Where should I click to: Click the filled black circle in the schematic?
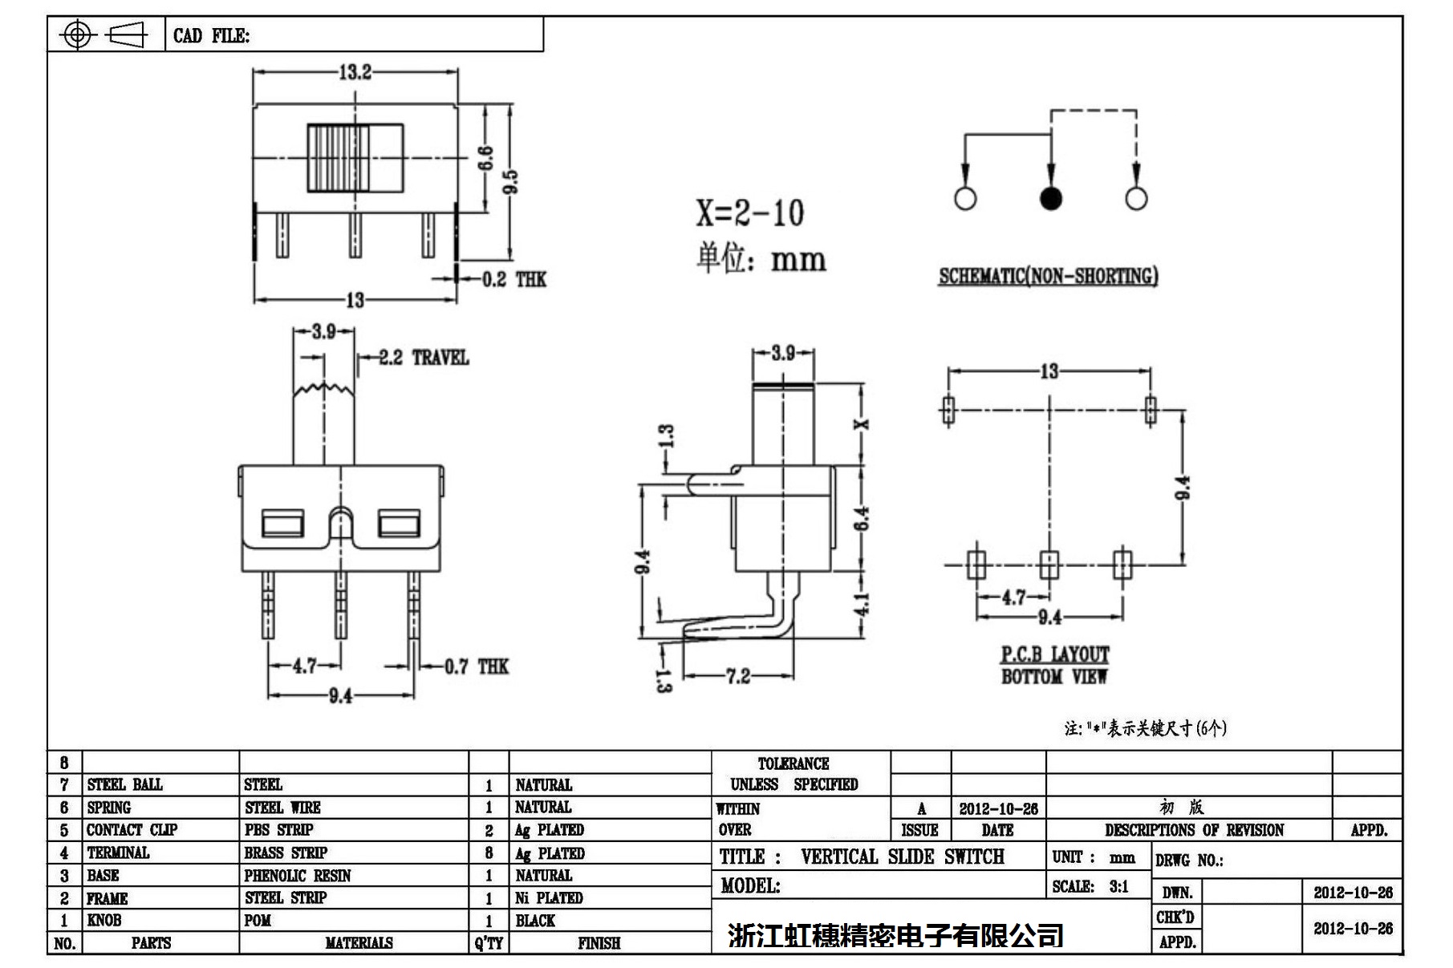1050,197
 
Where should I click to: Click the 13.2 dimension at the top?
355,72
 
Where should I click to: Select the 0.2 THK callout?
513,279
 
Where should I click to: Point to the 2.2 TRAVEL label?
423,358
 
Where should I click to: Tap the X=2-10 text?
749,213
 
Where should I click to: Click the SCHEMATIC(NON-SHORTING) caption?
1048,276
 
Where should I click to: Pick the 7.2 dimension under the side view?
737,676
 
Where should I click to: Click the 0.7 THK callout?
477,666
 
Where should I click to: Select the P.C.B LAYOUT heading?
1054,655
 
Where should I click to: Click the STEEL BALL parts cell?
124,784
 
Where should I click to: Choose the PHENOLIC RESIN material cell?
297,876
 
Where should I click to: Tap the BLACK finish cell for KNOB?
535,921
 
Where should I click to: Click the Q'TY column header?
488,943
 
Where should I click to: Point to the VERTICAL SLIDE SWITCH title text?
902,857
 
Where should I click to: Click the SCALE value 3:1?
1118,886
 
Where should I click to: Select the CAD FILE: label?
211,36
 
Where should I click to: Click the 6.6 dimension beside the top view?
485,158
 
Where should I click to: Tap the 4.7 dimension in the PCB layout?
1013,597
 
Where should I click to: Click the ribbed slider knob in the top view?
338,159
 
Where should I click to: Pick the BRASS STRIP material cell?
286,853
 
